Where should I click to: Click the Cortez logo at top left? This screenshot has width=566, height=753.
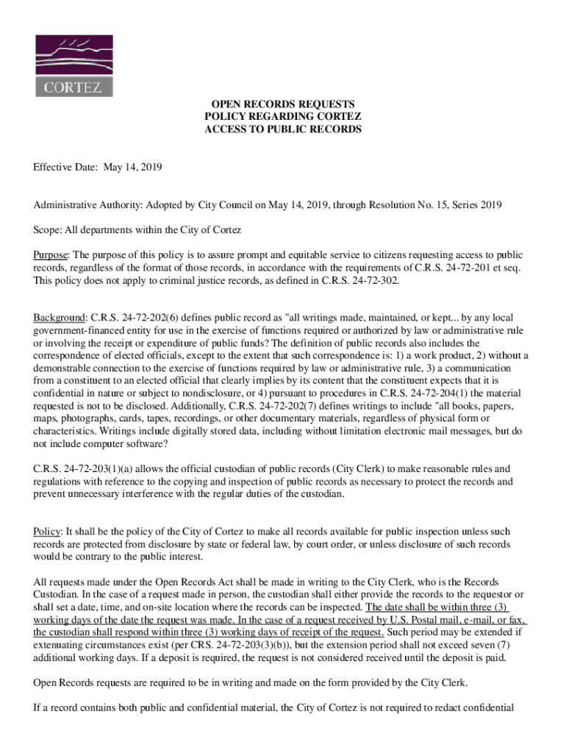pos(74,65)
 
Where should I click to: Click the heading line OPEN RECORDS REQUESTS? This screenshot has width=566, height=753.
pos(283,104)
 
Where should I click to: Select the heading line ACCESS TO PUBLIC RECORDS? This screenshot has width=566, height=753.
pos(283,129)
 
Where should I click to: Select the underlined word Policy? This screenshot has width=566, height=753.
pos(47,532)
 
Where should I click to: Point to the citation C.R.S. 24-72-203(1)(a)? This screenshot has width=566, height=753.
pos(87,469)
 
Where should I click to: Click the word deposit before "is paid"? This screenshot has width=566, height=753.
pos(459,657)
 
